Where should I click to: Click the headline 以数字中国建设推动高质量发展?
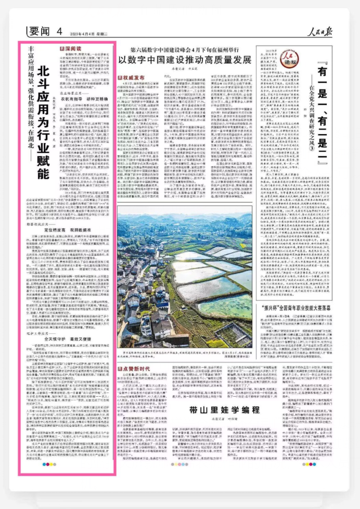[185, 59]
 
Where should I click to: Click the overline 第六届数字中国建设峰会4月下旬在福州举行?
[184, 48]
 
